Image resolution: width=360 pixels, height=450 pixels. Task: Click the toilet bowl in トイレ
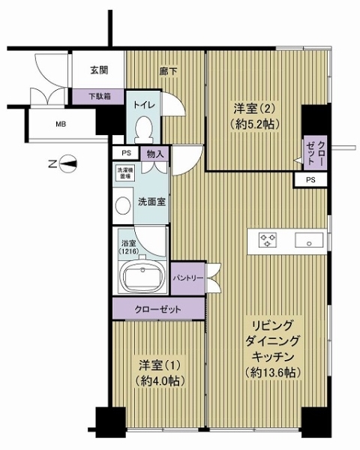142,130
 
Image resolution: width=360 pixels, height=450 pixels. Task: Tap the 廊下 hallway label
168,72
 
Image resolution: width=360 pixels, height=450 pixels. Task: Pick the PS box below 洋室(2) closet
310,180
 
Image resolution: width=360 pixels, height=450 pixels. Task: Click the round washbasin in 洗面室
121,205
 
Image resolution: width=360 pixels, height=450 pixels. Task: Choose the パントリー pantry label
187,277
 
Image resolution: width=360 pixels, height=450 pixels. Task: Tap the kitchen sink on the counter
307,240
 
